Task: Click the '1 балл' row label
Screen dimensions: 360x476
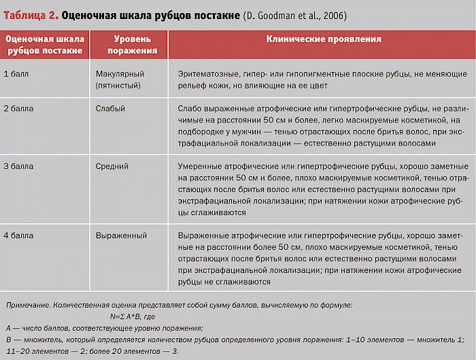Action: (x=18, y=73)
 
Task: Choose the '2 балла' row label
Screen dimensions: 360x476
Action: (x=19, y=108)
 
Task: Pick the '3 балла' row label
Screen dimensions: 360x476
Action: (x=19, y=165)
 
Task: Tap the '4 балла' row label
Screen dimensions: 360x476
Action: (x=19, y=235)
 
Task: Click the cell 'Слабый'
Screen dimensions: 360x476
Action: (x=110, y=108)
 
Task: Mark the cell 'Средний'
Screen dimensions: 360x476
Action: (x=112, y=165)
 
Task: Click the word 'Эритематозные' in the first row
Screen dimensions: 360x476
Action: (x=210, y=73)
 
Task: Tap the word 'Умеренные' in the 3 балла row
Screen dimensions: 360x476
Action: (x=200, y=165)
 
